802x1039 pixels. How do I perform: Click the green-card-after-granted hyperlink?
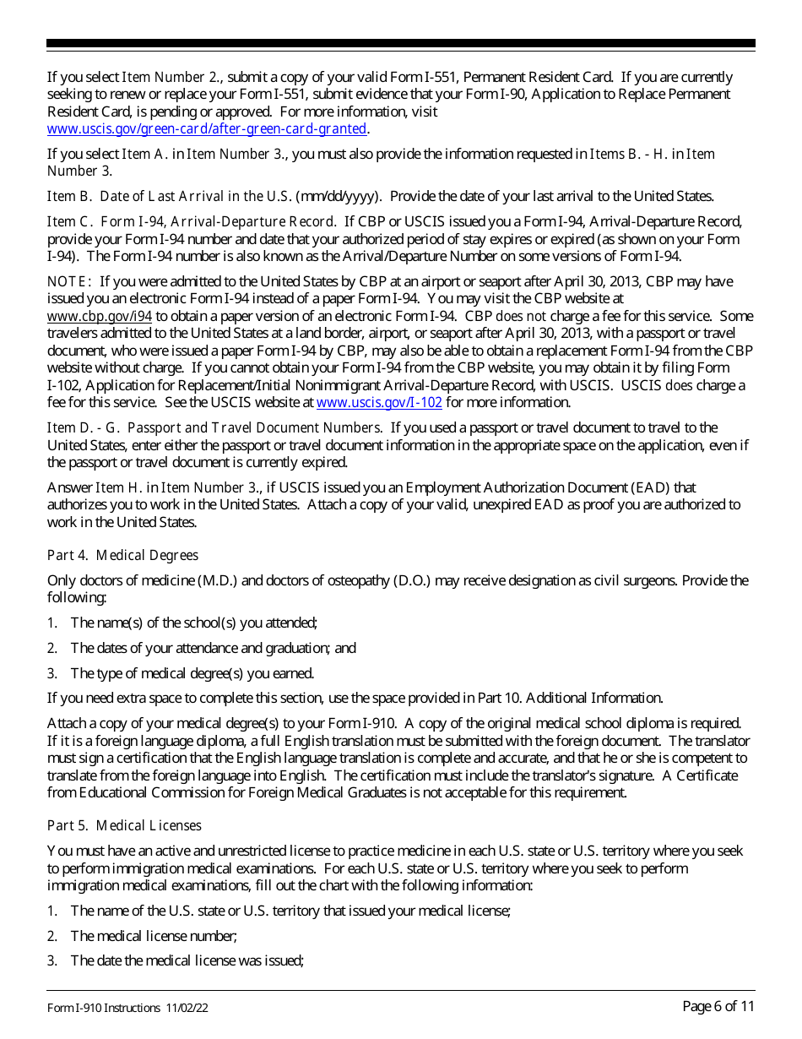tap(208, 129)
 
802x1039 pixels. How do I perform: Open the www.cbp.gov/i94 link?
tap(100, 317)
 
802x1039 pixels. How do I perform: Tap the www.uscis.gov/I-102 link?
tap(379, 403)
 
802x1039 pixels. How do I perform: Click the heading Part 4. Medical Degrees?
tap(123, 555)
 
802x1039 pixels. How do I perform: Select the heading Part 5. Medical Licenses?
tap(125, 825)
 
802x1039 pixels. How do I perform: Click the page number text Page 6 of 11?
tap(718, 1006)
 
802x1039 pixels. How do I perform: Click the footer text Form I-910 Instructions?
tap(104, 1008)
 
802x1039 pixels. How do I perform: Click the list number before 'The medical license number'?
tap(52, 936)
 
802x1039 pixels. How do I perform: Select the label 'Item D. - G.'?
tap(84, 428)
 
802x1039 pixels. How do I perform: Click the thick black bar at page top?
tap(401, 43)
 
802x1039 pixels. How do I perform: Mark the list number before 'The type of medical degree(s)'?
tap(52, 673)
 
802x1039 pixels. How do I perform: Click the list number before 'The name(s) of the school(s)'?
tap(52, 623)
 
